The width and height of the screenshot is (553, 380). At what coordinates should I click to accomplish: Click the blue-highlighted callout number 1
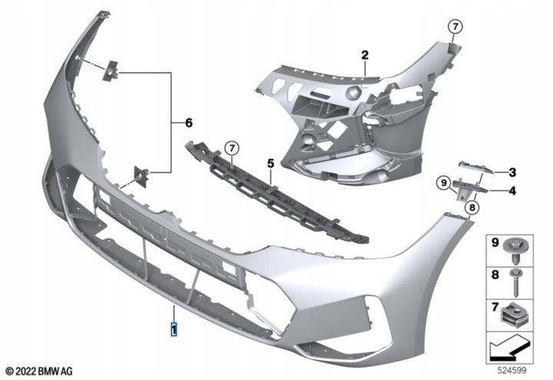click(174, 330)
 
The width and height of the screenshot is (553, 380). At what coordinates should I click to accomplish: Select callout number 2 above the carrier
click(366, 55)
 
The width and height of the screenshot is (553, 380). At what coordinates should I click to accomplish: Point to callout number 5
click(270, 164)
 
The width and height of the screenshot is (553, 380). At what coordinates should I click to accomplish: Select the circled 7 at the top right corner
click(455, 27)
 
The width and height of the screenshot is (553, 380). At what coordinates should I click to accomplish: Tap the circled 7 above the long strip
click(230, 147)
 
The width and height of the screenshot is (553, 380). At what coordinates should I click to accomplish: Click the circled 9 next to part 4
click(443, 183)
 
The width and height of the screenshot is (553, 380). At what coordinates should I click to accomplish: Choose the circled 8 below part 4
click(472, 206)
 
